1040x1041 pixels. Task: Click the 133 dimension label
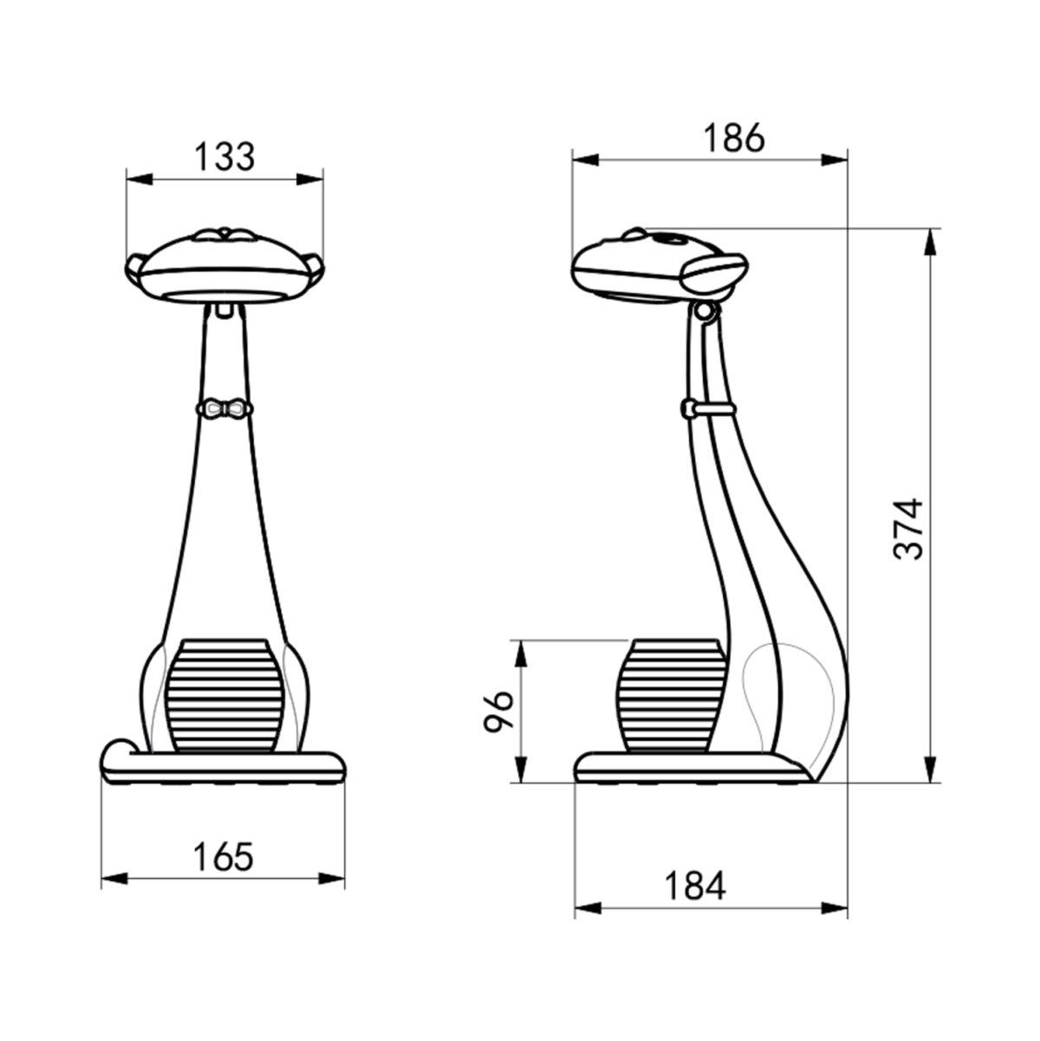pyautogui.click(x=224, y=157)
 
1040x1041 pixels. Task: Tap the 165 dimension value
pyautogui.click(x=223, y=856)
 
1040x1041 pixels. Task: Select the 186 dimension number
pyautogui.click(x=733, y=138)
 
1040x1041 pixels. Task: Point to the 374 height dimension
pyautogui.click(x=908, y=529)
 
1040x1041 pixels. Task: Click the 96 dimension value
pyautogui.click(x=499, y=712)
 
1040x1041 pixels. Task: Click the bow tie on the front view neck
pyautogui.click(x=224, y=408)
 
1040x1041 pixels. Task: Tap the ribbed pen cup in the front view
pyautogui.click(x=224, y=695)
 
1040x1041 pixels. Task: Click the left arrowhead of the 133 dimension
pyautogui.click(x=139, y=179)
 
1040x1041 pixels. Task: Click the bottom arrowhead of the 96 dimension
pyautogui.click(x=521, y=771)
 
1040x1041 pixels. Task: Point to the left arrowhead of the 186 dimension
pyautogui.click(x=585, y=159)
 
